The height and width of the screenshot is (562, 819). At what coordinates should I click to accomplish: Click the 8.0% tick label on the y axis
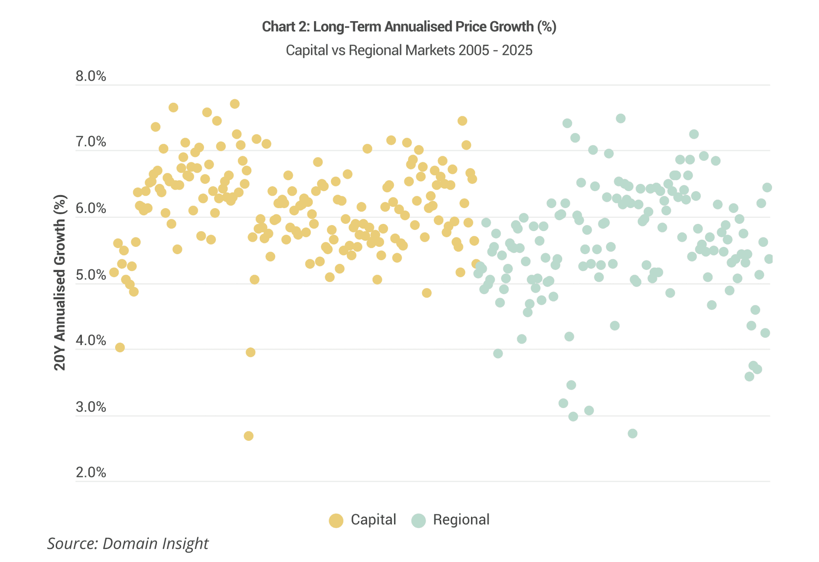[91, 76]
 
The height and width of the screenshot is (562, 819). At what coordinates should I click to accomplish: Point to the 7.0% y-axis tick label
[91, 142]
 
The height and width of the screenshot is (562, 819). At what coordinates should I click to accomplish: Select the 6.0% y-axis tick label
[91, 208]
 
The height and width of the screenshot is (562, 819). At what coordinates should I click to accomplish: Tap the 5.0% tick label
[91, 275]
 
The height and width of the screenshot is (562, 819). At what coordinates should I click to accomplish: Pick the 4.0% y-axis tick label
[91, 340]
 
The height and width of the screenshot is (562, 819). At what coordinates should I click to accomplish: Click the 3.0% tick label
[91, 407]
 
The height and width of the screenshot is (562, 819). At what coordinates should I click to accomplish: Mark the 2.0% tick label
[91, 472]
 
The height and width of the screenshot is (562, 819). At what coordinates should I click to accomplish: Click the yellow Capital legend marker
[336, 521]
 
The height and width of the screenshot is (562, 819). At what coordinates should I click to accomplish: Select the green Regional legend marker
[418, 521]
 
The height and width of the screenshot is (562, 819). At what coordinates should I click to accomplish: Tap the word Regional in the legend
[461, 520]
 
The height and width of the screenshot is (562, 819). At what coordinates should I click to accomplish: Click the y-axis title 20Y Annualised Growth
[60, 282]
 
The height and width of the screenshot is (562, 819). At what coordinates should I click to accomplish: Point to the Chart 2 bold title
[409, 27]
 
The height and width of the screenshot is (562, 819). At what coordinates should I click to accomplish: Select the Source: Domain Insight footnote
[128, 544]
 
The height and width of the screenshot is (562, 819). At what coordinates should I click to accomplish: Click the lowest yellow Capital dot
[249, 436]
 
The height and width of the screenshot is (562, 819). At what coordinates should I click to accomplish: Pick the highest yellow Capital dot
[235, 104]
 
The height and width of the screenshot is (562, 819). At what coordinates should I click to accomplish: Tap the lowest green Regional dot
[633, 434]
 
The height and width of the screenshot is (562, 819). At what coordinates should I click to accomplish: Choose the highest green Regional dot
[621, 119]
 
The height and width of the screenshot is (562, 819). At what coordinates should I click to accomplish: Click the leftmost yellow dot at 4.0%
[120, 348]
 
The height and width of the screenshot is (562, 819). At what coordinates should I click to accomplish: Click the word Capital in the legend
[373, 520]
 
